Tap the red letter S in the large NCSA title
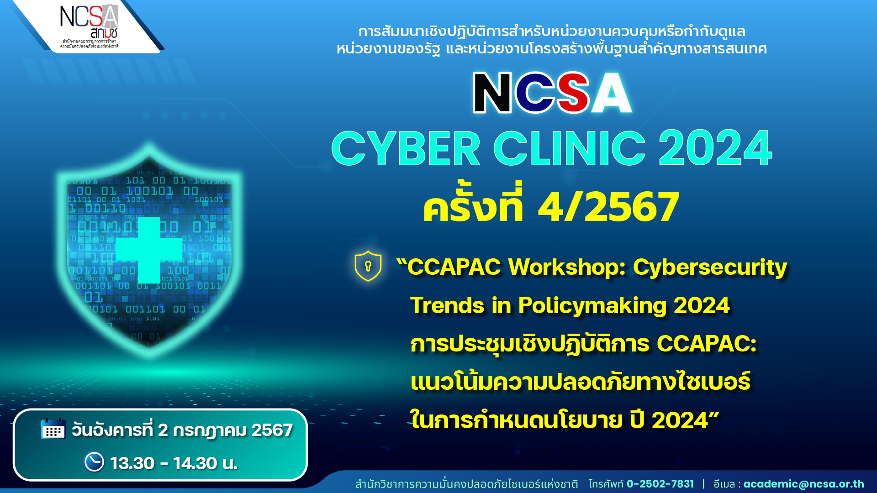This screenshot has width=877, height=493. (574, 93)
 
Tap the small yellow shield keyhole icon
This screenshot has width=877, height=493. (368, 266)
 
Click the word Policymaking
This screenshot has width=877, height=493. (592, 306)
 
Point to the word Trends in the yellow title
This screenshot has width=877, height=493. (447, 305)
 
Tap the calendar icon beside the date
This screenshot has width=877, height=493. (53, 429)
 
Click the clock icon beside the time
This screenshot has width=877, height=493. (94, 462)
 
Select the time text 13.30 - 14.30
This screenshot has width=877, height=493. (164, 463)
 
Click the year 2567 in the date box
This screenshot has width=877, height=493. (272, 430)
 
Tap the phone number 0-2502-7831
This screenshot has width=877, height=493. (660, 484)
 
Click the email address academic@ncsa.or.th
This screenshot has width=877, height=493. (803, 484)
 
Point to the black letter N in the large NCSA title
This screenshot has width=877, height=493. (492, 93)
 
